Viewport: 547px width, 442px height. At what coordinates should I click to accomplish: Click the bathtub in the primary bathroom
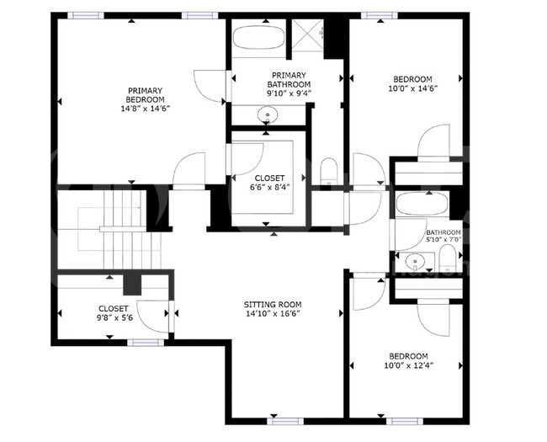tap(259, 38)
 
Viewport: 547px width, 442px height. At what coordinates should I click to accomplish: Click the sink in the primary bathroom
tap(264, 114)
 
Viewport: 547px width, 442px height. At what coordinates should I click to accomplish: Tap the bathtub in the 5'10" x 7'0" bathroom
tap(421, 205)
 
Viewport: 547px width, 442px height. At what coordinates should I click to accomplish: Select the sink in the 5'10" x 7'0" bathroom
tap(414, 262)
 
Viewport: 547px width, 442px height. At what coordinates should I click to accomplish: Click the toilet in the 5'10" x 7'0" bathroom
tap(450, 257)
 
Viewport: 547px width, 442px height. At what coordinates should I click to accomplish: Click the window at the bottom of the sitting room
tap(284, 419)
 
